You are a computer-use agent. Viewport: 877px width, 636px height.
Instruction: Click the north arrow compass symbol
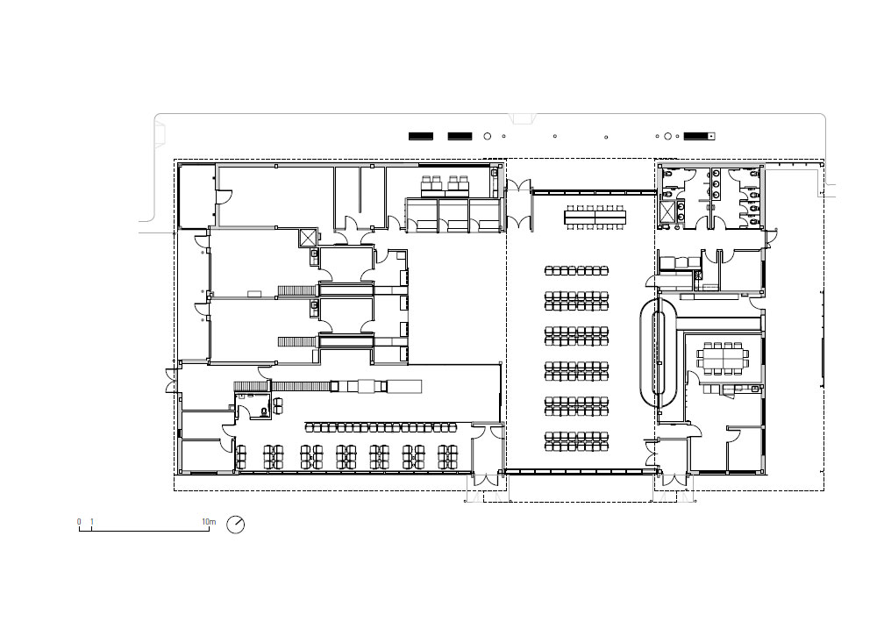[x=235, y=524]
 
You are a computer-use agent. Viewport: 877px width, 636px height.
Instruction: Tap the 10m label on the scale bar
[x=209, y=522]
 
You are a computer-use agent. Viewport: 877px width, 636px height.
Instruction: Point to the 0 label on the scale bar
[x=79, y=522]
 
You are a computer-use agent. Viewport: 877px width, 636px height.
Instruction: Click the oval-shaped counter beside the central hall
[x=660, y=352]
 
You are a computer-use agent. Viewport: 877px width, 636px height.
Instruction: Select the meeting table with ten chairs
[x=722, y=358]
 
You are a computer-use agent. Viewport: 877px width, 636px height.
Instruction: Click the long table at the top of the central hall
[x=595, y=216]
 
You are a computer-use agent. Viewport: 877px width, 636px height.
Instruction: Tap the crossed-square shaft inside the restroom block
[x=667, y=211]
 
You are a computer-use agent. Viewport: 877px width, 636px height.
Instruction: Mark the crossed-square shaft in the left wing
[x=308, y=238]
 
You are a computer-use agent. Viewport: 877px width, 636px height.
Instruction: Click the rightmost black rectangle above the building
[x=699, y=136]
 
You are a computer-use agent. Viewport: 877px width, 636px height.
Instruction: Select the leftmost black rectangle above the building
[x=421, y=136]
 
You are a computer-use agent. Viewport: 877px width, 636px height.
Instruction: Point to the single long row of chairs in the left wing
[x=381, y=427]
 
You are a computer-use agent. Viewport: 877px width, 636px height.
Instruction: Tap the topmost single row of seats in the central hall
[x=576, y=271]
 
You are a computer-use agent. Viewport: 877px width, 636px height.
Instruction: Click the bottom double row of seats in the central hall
[x=576, y=441]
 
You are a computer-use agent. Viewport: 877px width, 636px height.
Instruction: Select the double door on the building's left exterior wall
[x=171, y=381]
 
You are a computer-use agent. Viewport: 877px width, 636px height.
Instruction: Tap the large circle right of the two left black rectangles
[x=487, y=136]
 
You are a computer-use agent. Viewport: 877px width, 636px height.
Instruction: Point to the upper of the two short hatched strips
[x=289, y=290]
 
